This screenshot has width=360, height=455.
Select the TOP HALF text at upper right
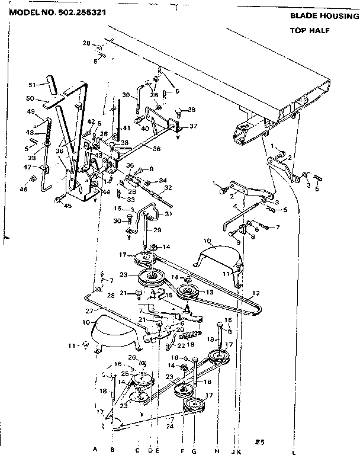coord(310,30)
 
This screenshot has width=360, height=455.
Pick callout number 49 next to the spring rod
coord(31,111)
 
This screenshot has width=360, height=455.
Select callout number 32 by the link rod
coord(168,188)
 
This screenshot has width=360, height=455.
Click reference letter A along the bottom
coord(95,449)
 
